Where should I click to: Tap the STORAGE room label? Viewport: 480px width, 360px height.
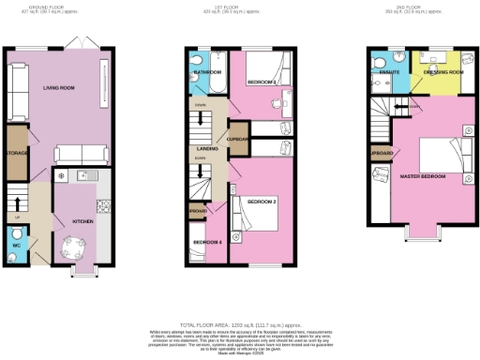[x=16, y=151]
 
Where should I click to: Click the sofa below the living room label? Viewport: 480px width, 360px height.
[x=79, y=155]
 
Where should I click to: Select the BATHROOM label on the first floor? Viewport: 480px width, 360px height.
[x=207, y=72]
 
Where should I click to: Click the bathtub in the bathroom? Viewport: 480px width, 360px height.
[x=206, y=88]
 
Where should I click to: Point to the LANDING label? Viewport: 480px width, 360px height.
[x=208, y=148]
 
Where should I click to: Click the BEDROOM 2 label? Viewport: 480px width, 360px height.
[x=262, y=202]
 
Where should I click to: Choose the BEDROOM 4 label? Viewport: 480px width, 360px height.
[x=206, y=242]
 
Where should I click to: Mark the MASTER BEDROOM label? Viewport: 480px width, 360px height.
[x=421, y=175]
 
